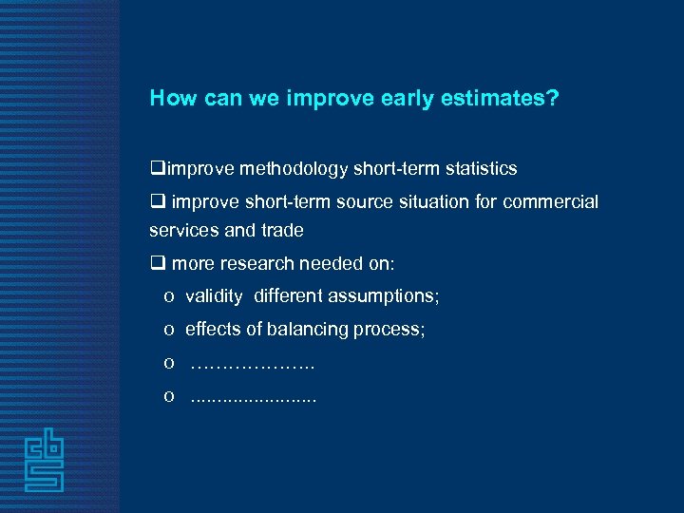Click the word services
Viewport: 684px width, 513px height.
pyautogui.click(x=180, y=230)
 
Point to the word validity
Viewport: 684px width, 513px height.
pyautogui.click(x=214, y=296)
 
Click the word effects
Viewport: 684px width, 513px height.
pyautogui.click(x=211, y=330)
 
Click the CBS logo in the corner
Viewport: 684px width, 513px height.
pyautogui.click(x=44, y=460)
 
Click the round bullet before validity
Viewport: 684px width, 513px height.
pyautogui.click(x=168, y=297)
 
